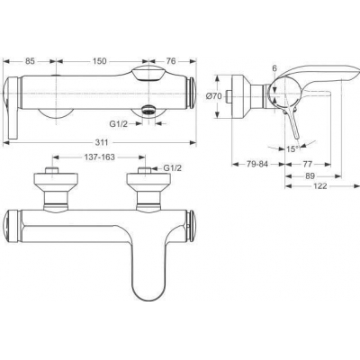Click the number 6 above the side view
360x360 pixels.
tap(274, 67)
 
